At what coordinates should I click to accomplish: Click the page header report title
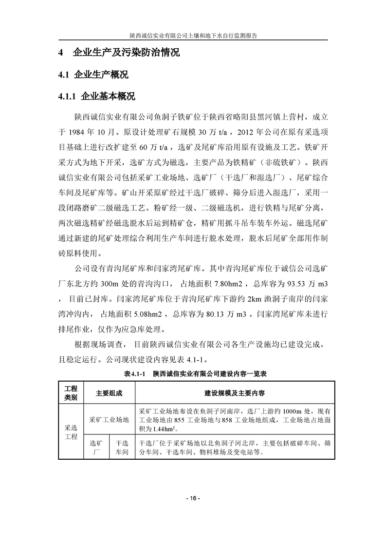(193, 36)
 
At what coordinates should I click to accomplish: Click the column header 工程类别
(71, 392)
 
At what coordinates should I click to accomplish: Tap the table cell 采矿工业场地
(109, 419)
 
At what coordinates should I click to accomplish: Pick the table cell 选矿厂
(96, 448)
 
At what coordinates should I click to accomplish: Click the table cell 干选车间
(122, 448)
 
